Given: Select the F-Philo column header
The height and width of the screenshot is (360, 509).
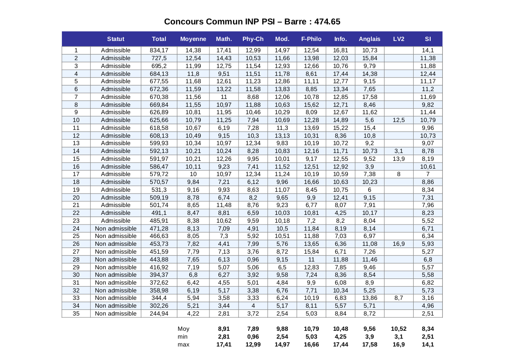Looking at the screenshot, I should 311,39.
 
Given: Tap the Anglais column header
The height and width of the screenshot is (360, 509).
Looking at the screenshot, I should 369,39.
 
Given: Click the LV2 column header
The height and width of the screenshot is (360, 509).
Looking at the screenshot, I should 398,39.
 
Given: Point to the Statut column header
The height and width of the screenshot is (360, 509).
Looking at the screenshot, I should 115,39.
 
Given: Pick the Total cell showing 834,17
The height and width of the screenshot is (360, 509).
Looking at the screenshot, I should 159,51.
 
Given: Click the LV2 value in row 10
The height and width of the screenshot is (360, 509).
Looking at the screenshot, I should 398,120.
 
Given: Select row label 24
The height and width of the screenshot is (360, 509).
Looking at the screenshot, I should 76,228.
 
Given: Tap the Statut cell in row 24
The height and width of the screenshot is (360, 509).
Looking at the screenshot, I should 115,228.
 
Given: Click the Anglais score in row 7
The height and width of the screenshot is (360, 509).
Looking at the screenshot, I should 369,97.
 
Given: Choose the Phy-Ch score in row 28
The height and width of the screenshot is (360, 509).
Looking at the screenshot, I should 253,259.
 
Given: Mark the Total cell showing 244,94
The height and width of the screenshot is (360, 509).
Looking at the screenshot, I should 159,314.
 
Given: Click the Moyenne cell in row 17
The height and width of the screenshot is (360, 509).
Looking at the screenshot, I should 193,174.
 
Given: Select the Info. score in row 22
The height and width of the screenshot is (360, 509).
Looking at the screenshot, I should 340,213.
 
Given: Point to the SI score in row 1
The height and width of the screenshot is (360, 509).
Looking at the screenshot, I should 428,51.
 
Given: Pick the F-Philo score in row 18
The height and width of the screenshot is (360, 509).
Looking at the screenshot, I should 311,182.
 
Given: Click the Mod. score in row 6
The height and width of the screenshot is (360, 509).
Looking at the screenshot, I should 282,89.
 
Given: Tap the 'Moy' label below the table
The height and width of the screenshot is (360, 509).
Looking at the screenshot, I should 183,329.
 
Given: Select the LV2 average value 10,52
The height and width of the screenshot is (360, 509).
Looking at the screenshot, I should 398,329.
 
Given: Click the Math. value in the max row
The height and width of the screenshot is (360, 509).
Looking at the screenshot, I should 224,344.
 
